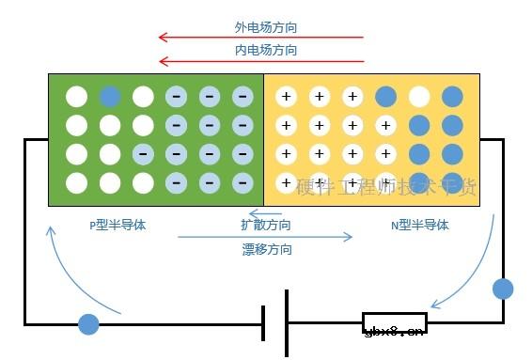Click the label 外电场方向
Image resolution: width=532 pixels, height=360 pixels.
click(x=266, y=27)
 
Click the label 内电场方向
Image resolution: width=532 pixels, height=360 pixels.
click(x=266, y=50)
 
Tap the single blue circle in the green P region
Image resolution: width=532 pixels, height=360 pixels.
click(x=110, y=96)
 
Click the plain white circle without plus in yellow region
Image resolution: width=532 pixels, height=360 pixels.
click(x=419, y=96)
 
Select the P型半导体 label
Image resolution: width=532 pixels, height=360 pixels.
click(x=117, y=226)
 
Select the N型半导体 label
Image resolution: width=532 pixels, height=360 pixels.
click(x=419, y=226)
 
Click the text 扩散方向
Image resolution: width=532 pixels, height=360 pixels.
click(x=266, y=226)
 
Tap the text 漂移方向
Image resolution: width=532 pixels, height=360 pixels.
click(x=266, y=249)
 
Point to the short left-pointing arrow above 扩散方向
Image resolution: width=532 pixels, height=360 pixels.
click(x=265, y=213)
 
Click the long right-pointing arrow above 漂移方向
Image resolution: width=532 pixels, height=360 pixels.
click(x=265, y=237)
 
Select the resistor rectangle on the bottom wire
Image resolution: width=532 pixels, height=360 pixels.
click(x=394, y=323)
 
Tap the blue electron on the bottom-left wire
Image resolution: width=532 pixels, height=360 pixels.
click(x=88, y=324)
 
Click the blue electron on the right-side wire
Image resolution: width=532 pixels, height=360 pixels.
click(x=503, y=289)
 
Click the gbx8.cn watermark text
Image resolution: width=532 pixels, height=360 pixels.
click(x=393, y=329)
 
